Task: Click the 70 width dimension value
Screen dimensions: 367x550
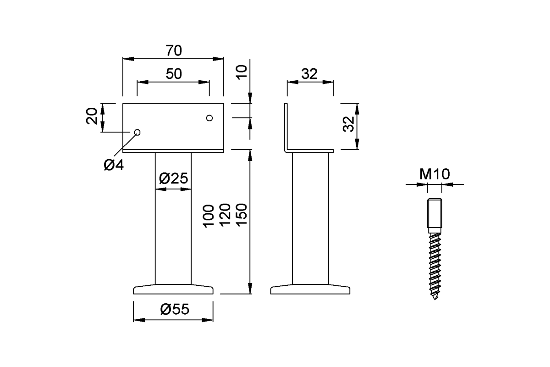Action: click(173, 50)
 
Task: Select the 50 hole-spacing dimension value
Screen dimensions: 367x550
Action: click(173, 74)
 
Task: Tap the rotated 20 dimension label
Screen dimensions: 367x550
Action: click(92, 116)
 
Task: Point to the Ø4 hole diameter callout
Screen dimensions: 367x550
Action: click(114, 165)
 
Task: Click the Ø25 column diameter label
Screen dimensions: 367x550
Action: click(173, 179)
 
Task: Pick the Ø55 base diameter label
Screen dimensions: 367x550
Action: click(175, 310)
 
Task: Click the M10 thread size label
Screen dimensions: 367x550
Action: click(434, 174)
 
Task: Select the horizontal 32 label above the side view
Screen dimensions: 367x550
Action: click(309, 74)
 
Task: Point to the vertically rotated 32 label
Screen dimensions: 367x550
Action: click(349, 124)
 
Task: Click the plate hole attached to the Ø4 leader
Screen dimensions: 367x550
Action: click(137, 132)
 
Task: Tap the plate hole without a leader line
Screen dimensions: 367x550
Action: click(209, 118)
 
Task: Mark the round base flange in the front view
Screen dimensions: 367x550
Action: click(173, 289)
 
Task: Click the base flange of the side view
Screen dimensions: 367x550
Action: click(310, 289)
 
